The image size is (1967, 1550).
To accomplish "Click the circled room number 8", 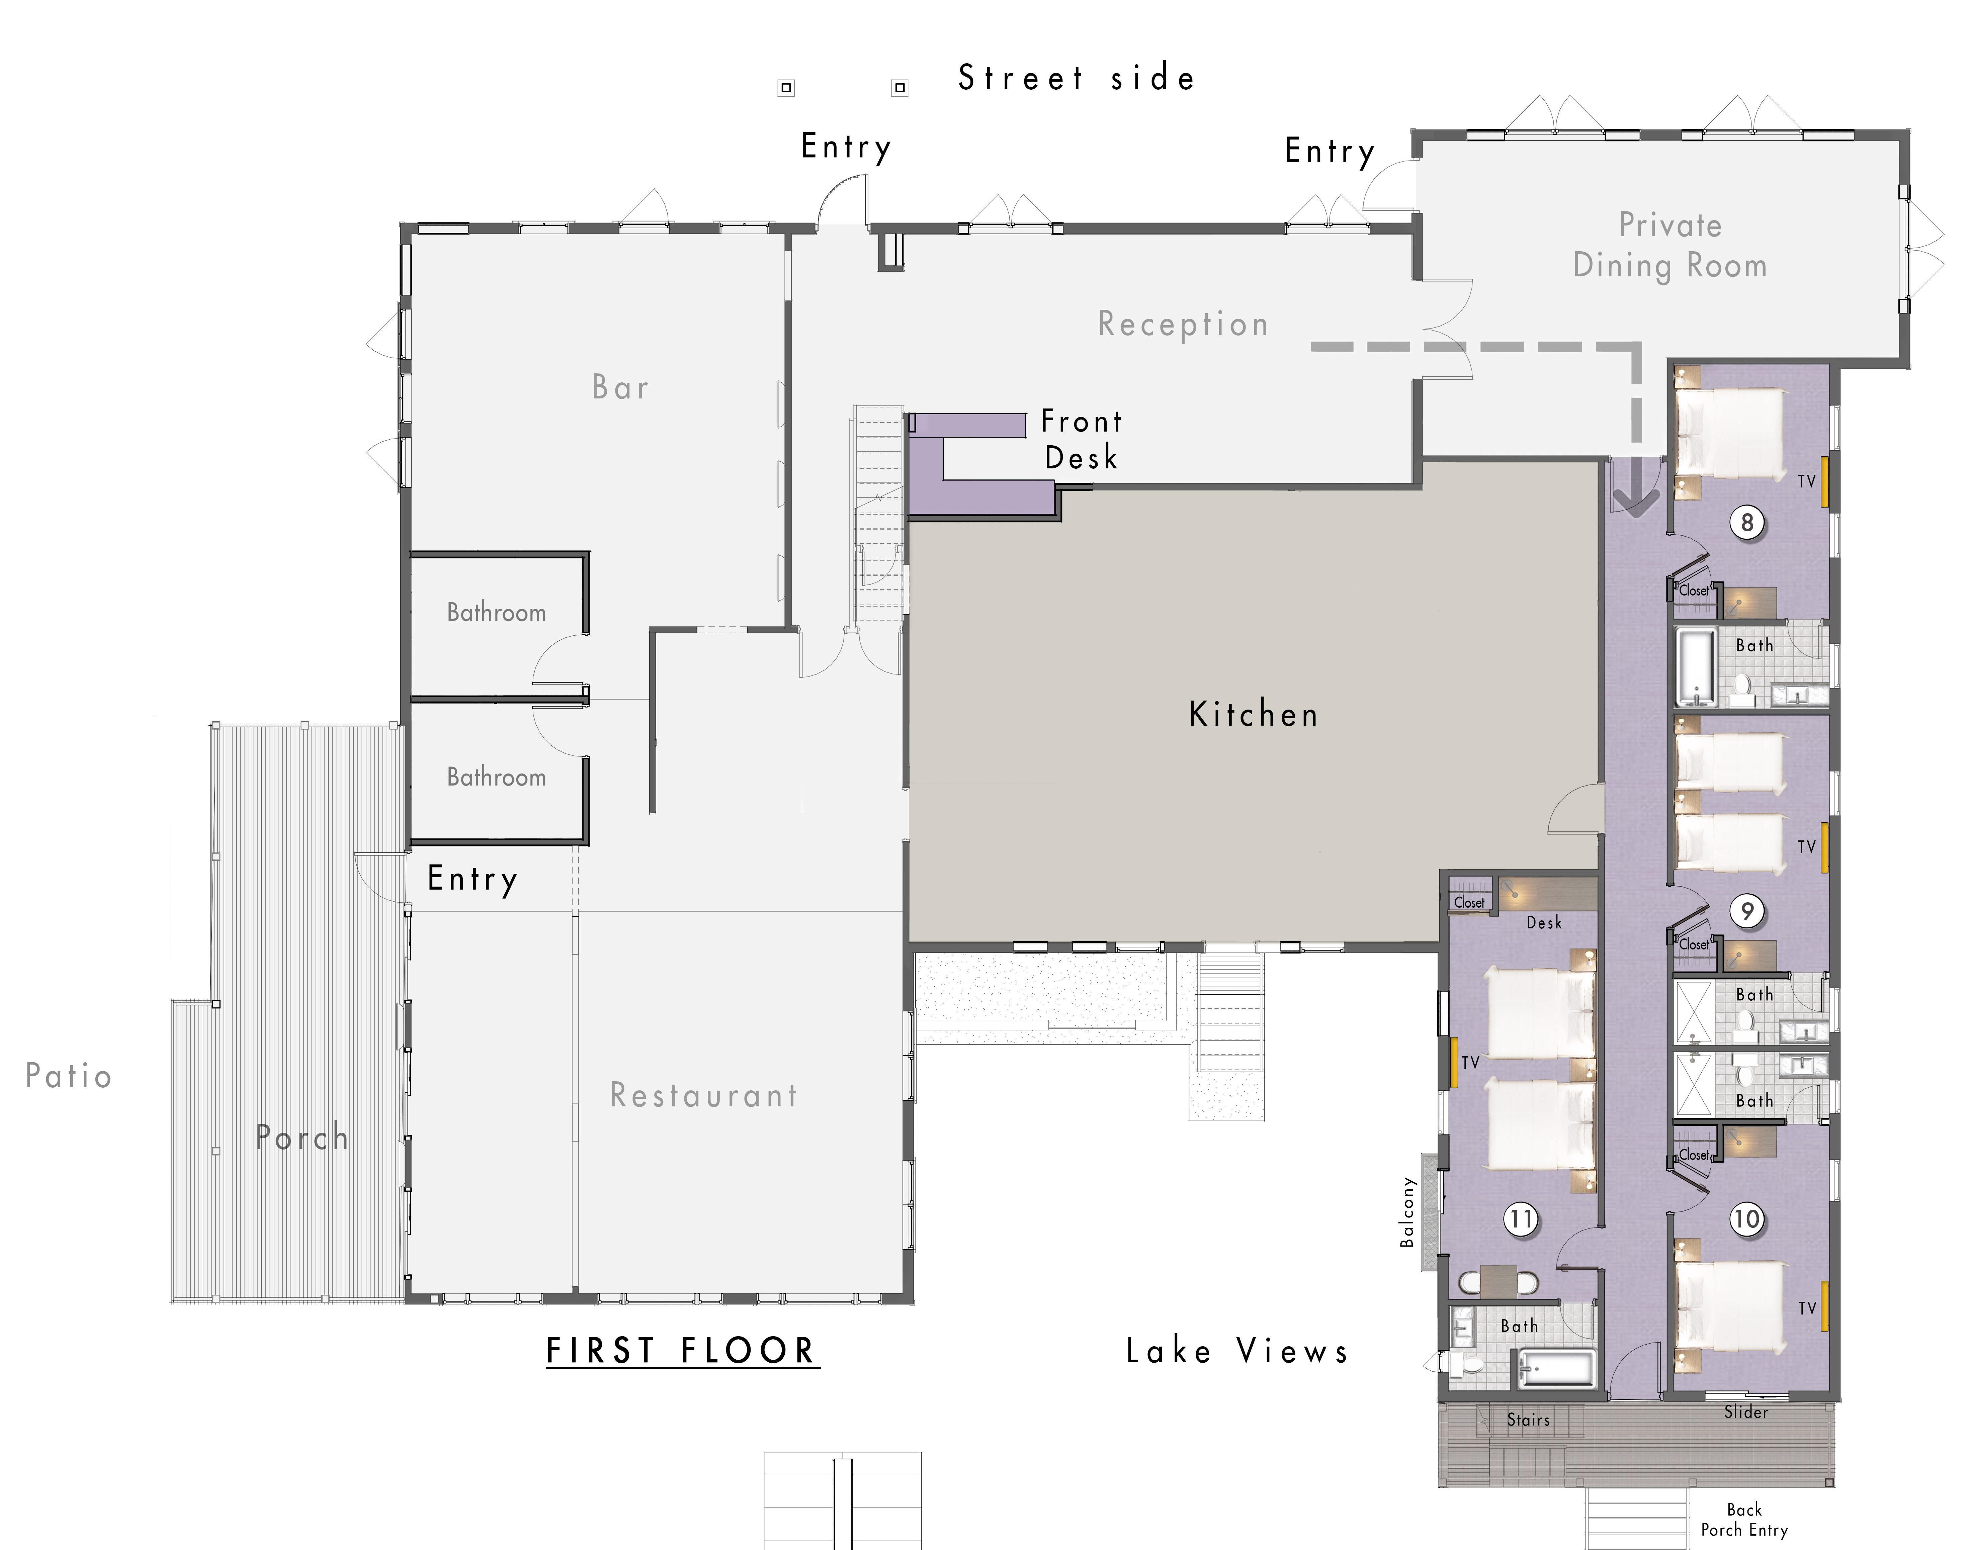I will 1746,523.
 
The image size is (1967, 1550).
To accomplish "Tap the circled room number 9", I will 1746,911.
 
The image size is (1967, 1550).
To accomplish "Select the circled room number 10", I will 1746,1219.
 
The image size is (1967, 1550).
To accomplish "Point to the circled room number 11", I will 1521,1219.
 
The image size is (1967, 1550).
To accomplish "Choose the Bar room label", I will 621,387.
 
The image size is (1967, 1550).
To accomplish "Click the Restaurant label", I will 703,1095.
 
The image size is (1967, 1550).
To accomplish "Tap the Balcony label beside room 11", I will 1407,1211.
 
